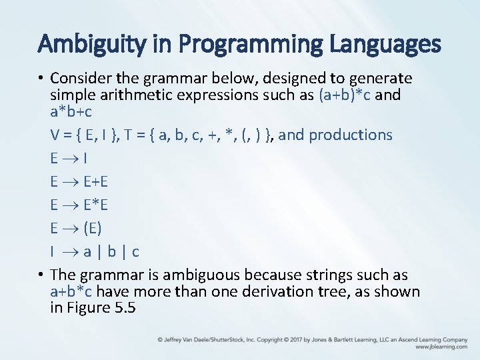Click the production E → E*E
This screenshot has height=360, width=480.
point(77,205)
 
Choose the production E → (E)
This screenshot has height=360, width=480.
point(76,229)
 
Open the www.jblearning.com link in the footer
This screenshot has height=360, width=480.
point(441,347)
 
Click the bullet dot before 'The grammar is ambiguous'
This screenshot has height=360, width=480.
point(41,275)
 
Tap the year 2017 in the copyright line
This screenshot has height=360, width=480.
point(299,339)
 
